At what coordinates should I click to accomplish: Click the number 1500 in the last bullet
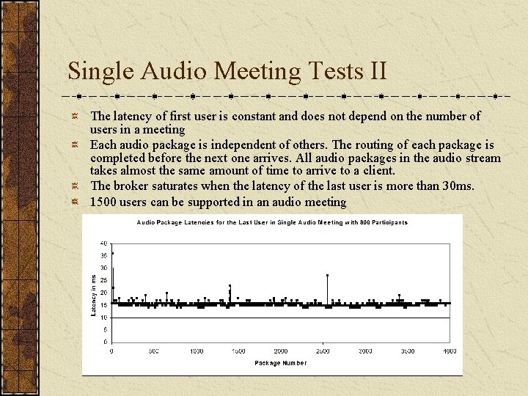(x=104, y=202)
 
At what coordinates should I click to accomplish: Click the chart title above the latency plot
(x=272, y=222)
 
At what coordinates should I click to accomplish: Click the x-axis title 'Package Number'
(x=280, y=363)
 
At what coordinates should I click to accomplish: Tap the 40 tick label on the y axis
(x=104, y=243)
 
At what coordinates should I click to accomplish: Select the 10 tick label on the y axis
(x=104, y=318)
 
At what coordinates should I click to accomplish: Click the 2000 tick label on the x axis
(x=281, y=351)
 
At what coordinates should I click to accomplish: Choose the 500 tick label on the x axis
(x=154, y=351)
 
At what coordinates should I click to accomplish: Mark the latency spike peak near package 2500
(x=327, y=275)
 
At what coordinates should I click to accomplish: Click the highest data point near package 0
(x=112, y=253)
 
